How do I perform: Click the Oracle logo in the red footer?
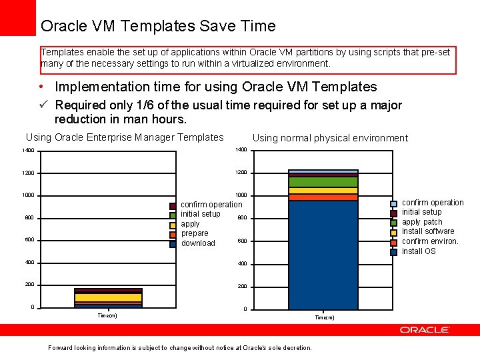425,330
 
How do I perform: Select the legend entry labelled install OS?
419,251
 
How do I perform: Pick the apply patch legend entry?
422,222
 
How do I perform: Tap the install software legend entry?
427,231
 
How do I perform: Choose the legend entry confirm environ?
430,241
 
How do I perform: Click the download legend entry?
198,243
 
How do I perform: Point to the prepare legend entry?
195,233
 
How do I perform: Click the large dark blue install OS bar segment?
323,253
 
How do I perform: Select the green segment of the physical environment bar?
323,181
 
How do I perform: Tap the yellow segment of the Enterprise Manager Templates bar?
108,297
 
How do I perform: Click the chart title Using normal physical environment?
330,138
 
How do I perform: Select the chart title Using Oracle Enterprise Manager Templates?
125,137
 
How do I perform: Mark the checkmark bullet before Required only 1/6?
45,105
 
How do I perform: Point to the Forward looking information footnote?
180,348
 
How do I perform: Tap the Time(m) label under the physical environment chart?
324,318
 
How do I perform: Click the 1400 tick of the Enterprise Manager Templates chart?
28,151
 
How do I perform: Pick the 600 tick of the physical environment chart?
243,241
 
